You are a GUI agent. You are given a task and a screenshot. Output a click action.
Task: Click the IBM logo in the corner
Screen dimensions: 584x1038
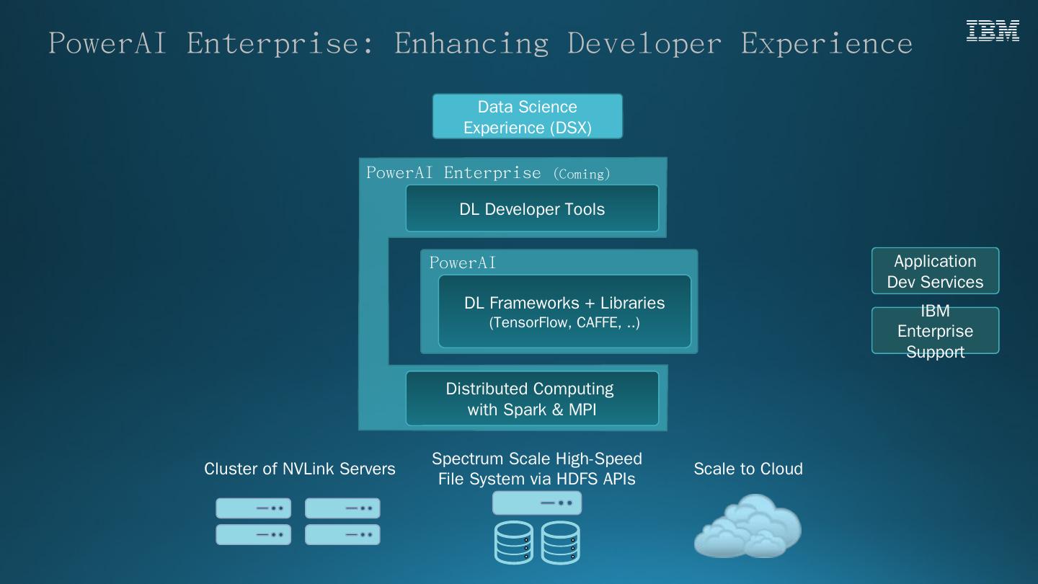(993, 31)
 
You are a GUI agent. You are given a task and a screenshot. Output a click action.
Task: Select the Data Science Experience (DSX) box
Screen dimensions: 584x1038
(527, 117)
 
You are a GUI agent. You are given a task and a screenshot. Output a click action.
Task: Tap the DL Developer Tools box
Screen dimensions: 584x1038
(532, 209)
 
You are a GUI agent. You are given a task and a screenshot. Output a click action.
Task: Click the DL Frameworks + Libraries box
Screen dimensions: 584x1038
(564, 311)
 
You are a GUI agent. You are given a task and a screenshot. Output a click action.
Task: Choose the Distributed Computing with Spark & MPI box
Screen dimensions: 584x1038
(532, 399)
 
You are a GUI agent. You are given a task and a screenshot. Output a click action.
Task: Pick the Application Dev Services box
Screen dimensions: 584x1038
(935, 271)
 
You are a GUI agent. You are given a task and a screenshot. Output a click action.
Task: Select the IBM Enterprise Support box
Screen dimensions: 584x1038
(935, 331)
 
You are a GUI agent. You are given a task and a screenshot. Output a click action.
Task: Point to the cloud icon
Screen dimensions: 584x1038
(748, 526)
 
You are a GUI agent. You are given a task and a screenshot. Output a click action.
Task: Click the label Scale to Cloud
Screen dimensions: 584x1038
(748, 469)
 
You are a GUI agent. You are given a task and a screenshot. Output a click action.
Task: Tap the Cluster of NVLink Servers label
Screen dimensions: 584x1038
(300, 469)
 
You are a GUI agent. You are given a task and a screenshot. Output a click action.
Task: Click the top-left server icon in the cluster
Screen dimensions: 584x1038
(253, 508)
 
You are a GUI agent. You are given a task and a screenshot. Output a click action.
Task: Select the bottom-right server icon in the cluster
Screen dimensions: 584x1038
(342, 534)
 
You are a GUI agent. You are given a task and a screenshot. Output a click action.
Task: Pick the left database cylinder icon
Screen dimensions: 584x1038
(514, 542)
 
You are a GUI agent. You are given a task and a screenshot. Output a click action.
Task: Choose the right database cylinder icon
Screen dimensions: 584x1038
(560, 542)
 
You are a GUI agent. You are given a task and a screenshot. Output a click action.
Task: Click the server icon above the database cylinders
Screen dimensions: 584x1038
(537, 503)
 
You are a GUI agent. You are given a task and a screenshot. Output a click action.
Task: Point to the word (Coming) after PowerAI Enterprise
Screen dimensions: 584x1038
(582, 174)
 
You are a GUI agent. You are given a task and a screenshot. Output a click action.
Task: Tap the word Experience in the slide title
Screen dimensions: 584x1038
(826, 43)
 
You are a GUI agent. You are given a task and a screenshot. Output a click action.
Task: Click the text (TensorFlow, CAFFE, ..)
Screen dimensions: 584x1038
(564, 322)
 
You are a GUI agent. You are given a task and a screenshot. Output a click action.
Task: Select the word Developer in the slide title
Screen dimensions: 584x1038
(644, 43)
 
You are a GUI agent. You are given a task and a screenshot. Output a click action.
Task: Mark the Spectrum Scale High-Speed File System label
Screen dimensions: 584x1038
(537, 469)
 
